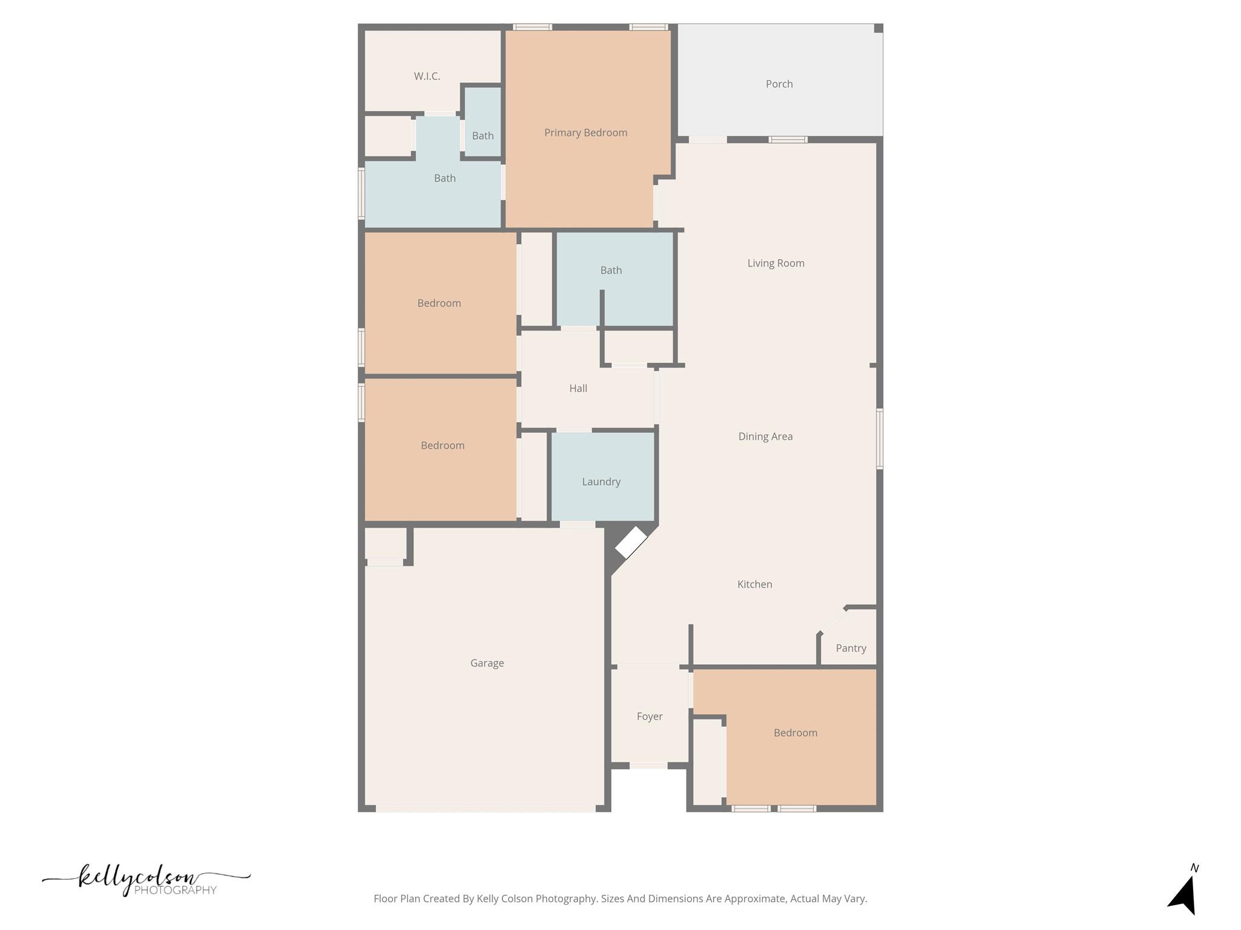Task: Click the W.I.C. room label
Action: click(x=427, y=76)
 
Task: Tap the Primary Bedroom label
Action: click(x=585, y=133)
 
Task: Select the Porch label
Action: click(x=779, y=84)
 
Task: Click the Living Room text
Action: click(x=776, y=263)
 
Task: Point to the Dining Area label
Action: click(x=765, y=437)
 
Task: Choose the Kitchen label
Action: click(x=754, y=584)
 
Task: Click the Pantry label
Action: click(x=851, y=648)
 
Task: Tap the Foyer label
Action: click(x=649, y=717)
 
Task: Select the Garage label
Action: click(x=487, y=663)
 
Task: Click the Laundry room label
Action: click(x=601, y=482)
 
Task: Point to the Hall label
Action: click(x=578, y=389)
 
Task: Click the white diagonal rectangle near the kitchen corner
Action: click(x=631, y=542)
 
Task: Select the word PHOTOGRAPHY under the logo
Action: click(x=175, y=890)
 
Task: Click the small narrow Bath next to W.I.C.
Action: click(x=483, y=136)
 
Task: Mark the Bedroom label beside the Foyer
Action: click(x=795, y=733)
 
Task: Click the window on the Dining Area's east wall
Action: click(x=879, y=438)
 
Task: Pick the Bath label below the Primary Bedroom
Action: click(x=611, y=271)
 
